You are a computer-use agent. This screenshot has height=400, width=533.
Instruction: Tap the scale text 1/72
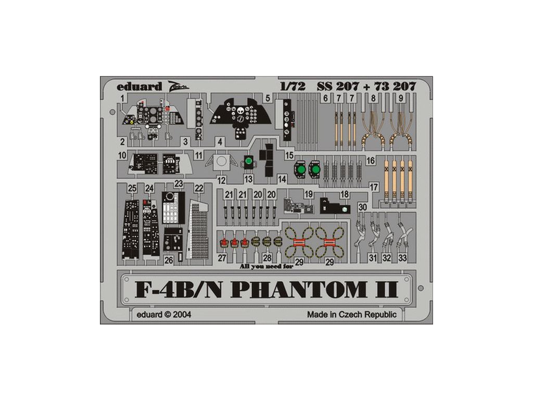tap(292, 86)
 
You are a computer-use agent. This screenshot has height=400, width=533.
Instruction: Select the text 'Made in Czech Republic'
tap(351, 314)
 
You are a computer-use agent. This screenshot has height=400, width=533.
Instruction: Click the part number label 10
tap(122, 155)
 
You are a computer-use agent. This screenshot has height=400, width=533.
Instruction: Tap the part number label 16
tap(371, 160)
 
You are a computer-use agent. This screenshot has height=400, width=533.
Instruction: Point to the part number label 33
tap(403, 257)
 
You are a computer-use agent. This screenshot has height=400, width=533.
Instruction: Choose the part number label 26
tap(169, 259)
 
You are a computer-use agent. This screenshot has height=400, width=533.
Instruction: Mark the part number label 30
tap(363, 207)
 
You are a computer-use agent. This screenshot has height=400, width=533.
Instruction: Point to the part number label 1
tap(122, 98)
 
